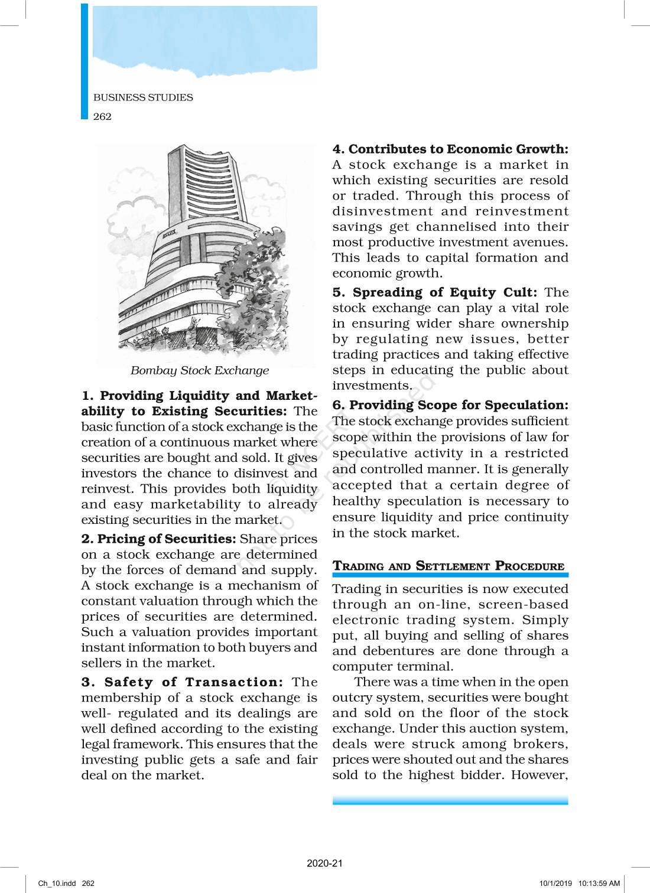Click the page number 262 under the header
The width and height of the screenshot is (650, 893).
[x=102, y=116]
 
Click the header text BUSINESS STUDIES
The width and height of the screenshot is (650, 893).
[x=143, y=97]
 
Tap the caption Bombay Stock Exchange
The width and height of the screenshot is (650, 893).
[x=200, y=370]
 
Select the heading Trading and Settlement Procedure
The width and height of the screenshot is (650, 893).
[x=448, y=566]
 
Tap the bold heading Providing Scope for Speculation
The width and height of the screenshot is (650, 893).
[x=459, y=405]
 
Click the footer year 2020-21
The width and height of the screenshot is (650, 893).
[x=324, y=863]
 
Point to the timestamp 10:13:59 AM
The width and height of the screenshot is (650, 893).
[x=599, y=884]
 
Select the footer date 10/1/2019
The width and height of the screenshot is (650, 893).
[x=555, y=884]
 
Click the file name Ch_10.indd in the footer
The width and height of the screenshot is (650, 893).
[x=57, y=884]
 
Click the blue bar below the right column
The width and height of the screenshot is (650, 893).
[x=450, y=800]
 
